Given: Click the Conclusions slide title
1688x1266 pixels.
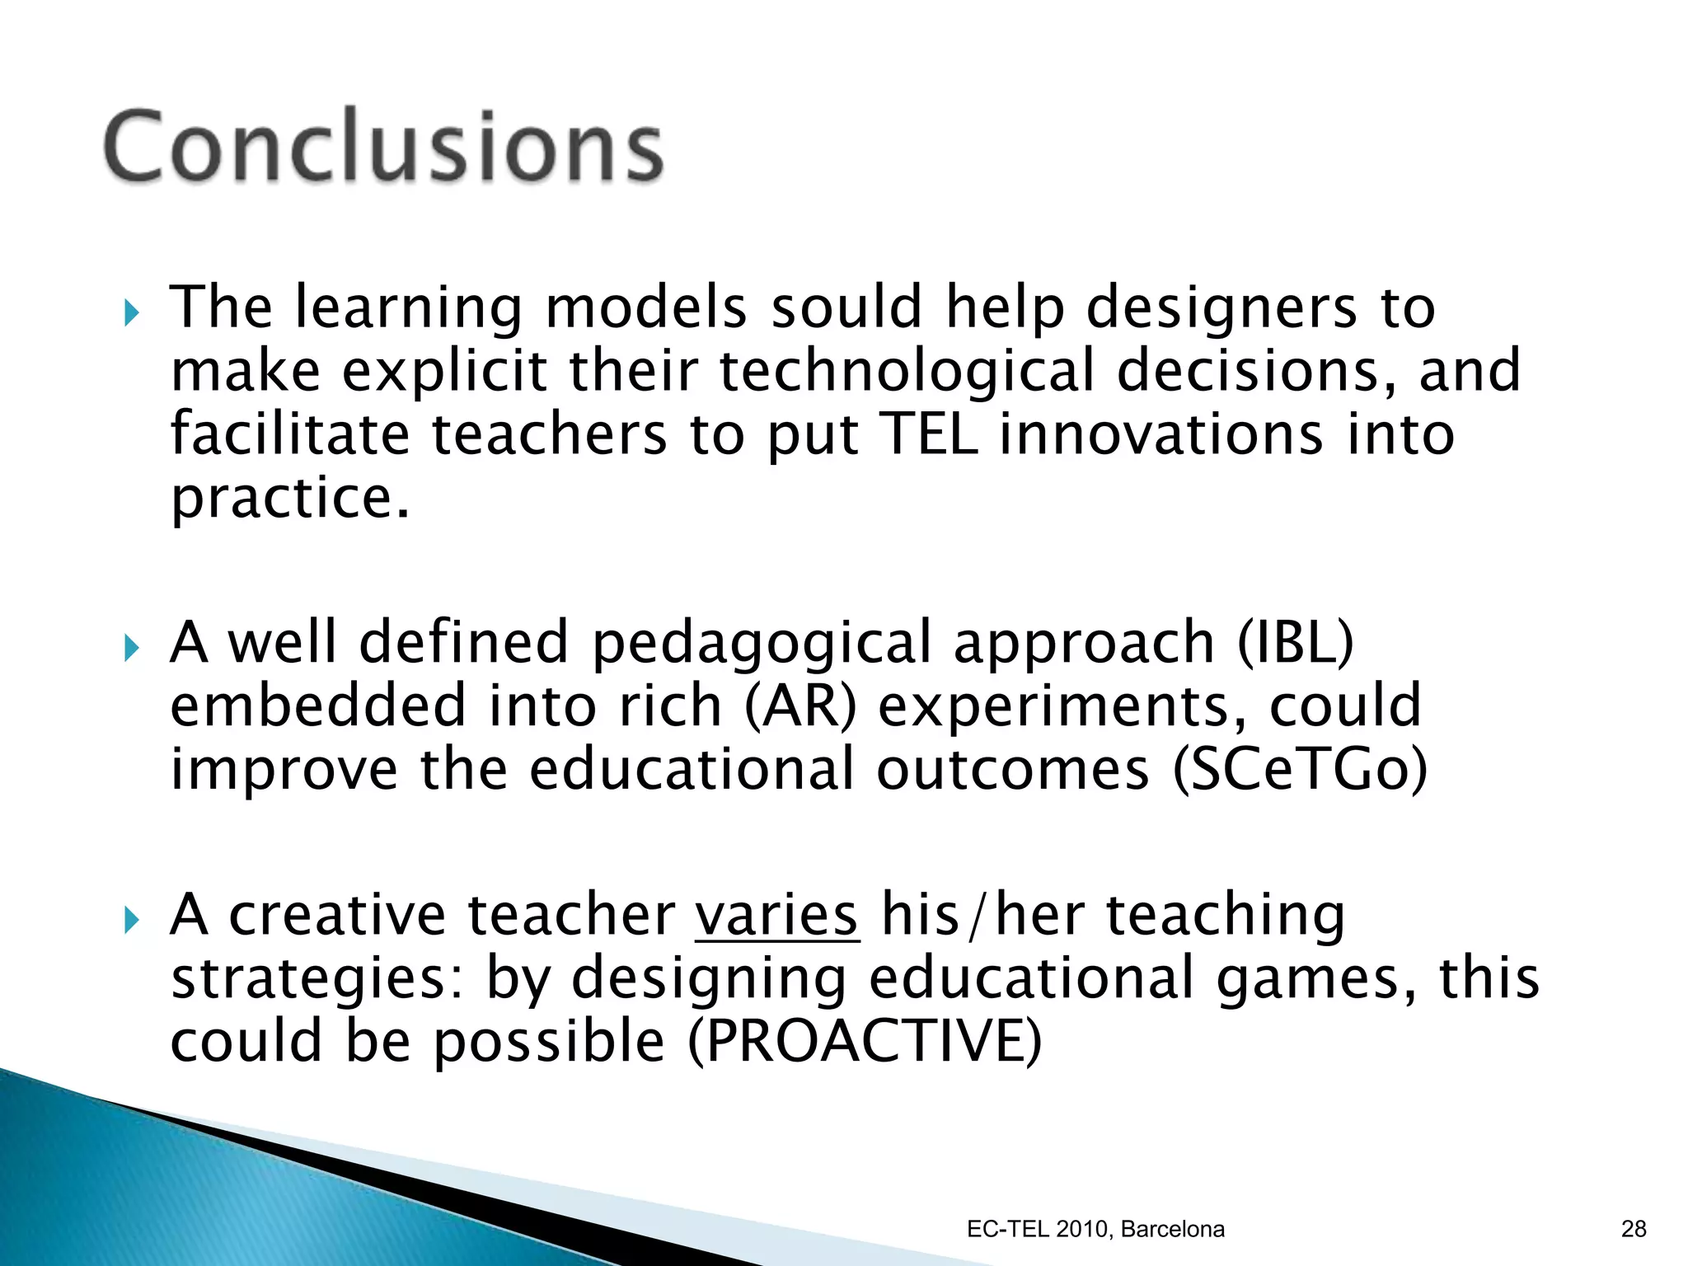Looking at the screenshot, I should pyautogui.click(x=383, y=146).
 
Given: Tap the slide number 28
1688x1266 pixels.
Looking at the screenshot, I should pyautogui.click(x=1633, y=1229).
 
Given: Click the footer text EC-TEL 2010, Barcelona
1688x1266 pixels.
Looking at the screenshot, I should pyautogui.click(x=1095, y=1229).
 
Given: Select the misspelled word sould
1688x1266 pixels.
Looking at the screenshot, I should pyautogui.click(x=846, y=307).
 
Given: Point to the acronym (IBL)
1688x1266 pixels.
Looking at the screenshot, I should pyautogui.click(x=1296, y=642).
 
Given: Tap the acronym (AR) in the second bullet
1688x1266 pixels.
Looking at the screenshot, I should pyautogui.click(x=800, y=706).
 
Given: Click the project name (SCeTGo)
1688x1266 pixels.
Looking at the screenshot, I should pyautogui.click(x=1300, y=769).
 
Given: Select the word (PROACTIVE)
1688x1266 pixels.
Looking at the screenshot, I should pyautogui.click(x=865, y=1041).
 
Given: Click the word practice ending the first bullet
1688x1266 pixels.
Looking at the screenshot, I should pyautogui.click(x=288, y=499).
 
